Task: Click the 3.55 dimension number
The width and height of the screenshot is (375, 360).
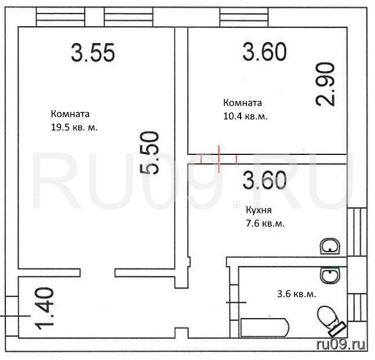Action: point(93,52)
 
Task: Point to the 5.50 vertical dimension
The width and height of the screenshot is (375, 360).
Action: point(149,153)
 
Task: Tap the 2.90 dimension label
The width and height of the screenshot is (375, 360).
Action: point(325,84)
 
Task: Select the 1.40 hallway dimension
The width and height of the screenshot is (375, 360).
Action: point(44,308)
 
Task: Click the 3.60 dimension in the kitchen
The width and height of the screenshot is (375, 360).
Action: point(264,179)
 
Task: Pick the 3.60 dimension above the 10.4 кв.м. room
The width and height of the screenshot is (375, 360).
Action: point(264,51)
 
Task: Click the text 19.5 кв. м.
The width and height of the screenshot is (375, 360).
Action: point(74,128)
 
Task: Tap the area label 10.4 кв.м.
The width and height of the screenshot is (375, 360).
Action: point(245,117)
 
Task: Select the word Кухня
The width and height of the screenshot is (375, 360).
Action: point(259,210)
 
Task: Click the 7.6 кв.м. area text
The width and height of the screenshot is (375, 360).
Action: point(265,224)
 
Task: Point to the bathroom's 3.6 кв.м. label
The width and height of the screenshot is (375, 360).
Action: point(296,294)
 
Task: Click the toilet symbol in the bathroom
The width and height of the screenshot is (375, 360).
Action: point(331,321)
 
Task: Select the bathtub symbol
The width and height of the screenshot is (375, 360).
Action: point(265,327)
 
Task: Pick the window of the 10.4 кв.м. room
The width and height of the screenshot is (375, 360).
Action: point(244,17)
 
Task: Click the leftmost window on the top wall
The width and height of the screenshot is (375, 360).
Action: point(61,17)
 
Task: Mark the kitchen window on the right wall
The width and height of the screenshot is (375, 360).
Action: point(357,232)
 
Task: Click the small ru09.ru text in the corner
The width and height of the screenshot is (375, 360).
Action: point(341,345)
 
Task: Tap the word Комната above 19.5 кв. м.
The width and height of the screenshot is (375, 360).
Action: point(70,114)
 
